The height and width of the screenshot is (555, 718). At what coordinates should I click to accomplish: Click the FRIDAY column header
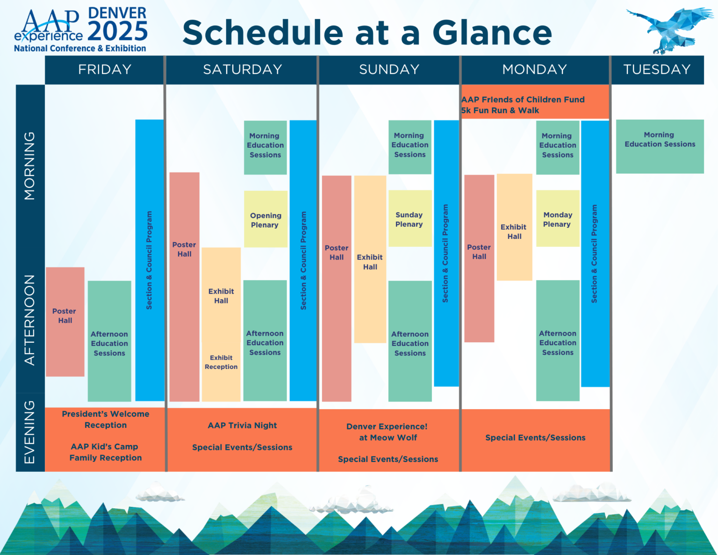105,70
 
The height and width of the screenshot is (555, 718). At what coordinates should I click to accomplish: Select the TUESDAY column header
657,70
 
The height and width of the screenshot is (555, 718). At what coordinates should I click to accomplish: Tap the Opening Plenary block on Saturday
266,220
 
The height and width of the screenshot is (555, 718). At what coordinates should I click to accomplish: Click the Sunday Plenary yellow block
409,219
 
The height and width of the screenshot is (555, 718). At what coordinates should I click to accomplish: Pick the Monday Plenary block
557,219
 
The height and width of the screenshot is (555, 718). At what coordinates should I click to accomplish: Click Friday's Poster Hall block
65,321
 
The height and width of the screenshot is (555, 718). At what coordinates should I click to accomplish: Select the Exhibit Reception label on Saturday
221,362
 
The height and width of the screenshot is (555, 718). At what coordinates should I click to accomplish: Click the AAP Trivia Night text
242,425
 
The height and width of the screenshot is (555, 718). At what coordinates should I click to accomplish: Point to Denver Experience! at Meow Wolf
387,432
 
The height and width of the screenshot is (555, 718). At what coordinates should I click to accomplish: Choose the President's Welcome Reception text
106,419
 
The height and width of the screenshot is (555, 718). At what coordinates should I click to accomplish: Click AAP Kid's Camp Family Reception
106,452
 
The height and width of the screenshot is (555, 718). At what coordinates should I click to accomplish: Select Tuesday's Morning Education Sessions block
660,146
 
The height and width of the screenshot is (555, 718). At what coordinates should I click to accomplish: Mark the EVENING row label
30,432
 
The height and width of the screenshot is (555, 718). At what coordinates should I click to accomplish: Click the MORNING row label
30,166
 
